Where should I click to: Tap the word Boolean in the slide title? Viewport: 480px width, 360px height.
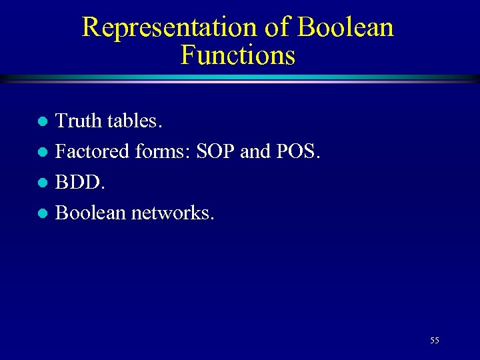click(345, 27)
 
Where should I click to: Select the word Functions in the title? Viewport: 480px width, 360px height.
click(237, 55)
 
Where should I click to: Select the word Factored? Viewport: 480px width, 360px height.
click(93, 151)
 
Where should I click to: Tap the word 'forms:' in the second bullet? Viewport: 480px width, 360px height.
click(164, 151)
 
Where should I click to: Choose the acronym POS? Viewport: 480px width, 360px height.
click(297, 151)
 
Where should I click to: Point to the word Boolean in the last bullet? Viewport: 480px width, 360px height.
click(91, 213)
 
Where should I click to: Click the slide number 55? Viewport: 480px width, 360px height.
click(434, 341)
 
